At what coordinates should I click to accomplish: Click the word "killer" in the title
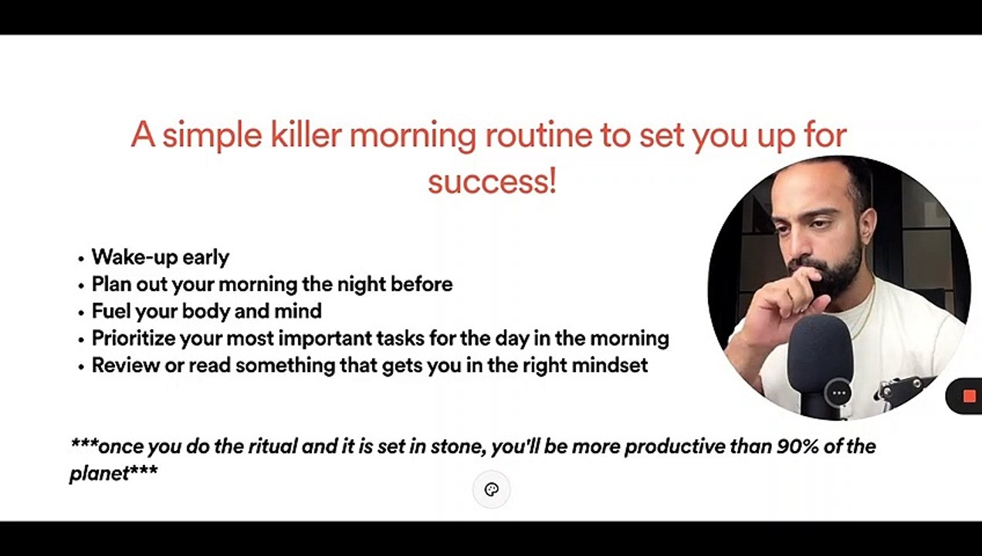[306, 134]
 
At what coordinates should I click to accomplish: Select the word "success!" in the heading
[493, 181]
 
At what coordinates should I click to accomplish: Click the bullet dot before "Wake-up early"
[80, 259]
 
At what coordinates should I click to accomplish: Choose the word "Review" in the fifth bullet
[125, 364]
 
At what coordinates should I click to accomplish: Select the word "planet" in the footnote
[100, 473]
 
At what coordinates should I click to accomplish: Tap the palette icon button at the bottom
[492, 490]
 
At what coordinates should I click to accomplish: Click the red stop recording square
[970, 396]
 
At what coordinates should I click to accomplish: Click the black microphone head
[820, 347]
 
